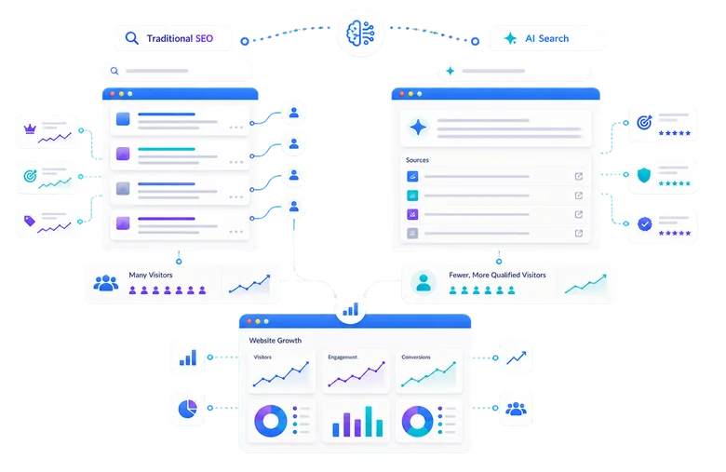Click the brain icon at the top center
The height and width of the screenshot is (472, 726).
(x=360, y=34)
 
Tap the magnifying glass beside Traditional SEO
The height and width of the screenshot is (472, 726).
(x=132, y=38)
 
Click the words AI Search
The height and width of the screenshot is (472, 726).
(x=546, y=38)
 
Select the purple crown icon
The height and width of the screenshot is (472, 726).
(x=30, y=128)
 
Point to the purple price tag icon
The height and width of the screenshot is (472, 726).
(x=30, y=221)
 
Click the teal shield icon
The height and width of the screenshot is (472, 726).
(x=644, y=175)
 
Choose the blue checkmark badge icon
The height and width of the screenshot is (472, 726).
(x=644, y=224)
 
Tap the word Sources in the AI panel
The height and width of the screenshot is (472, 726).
(x=417, y=160)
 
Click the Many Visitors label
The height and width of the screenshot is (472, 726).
(x=151, y=275)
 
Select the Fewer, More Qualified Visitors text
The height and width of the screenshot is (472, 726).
(x=497, y=275)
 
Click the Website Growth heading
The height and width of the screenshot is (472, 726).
(x=275, y=341)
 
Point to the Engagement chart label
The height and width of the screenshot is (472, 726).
(x=343, y=357)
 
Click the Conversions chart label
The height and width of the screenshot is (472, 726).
(x=416, y=357)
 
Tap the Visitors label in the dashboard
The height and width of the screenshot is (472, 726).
(x=262, y=357)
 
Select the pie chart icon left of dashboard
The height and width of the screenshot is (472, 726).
(x=187, y=409)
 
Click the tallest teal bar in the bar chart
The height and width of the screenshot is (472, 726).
(x=369, y=421)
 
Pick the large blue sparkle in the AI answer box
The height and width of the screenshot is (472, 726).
(x=418, y=128)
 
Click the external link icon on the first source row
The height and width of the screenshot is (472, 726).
(x=579, y=177)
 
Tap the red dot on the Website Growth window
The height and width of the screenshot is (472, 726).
(x=249, y=321)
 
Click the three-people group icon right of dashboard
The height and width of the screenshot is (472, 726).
(x=516, y=409)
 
